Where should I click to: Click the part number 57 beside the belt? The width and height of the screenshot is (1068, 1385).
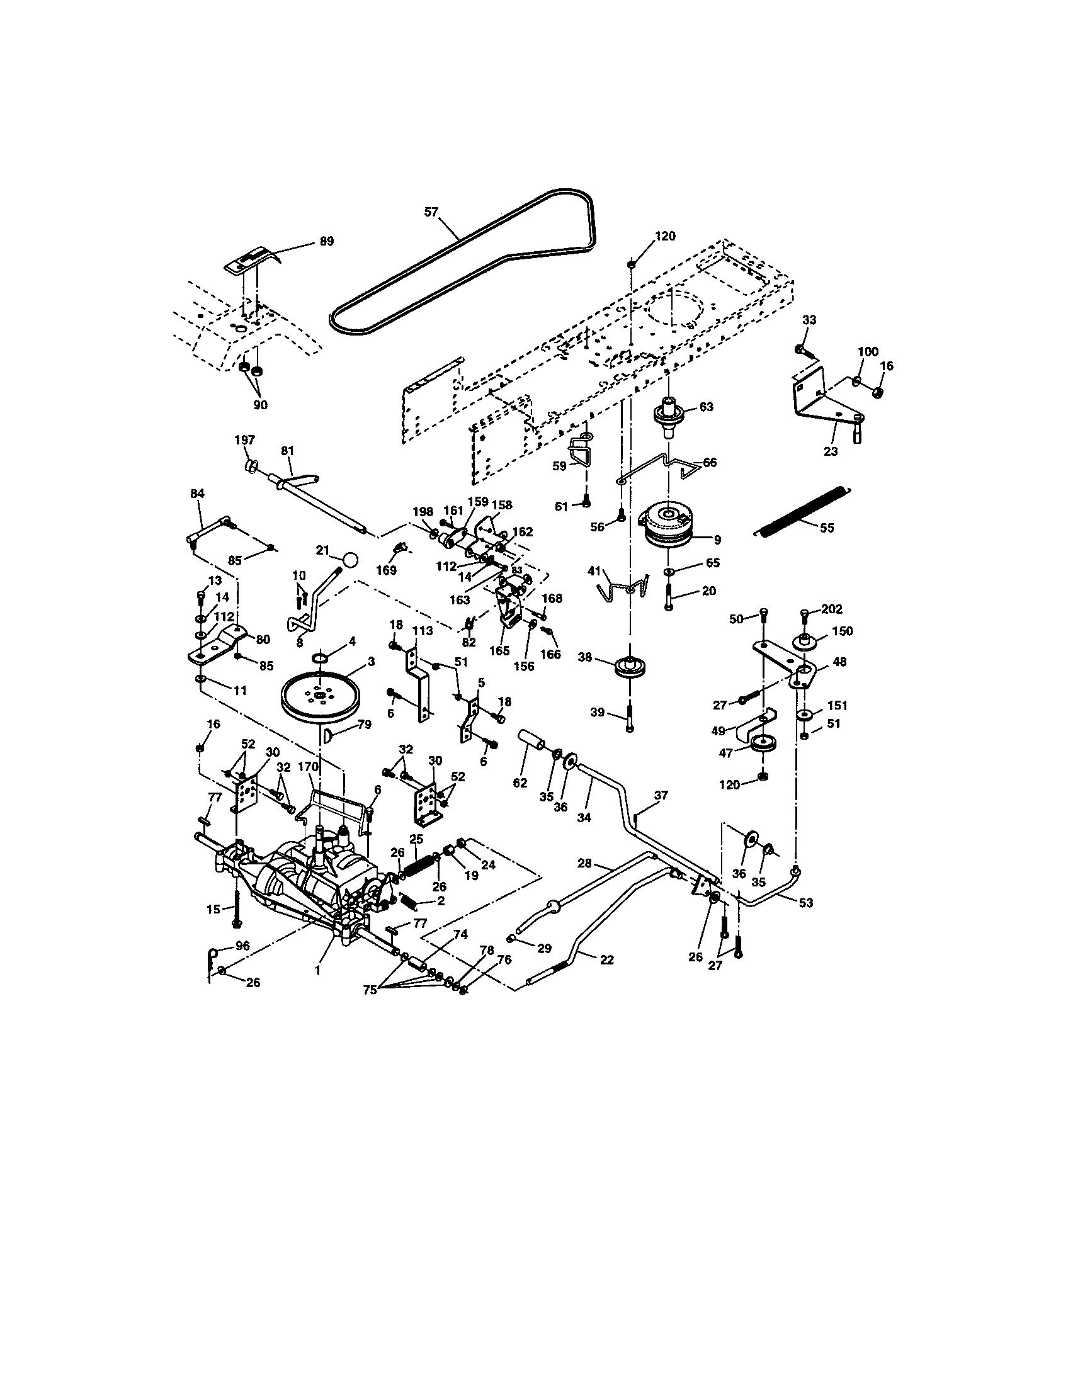pos(431,212)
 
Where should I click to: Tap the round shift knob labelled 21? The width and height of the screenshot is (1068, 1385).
pos(349,560)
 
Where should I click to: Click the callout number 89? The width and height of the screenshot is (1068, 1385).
pos(327,242)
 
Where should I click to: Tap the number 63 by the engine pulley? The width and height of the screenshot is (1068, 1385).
pos(706,407)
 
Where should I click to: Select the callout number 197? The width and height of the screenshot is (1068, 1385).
pos(245,440)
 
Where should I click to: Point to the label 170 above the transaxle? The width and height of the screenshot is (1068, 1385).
pos(307,767)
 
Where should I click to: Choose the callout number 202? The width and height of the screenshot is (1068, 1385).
pos(832,609)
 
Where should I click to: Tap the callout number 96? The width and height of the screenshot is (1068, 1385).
pos(242,963)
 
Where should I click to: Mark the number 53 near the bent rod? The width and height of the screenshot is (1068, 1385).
pos(805,902)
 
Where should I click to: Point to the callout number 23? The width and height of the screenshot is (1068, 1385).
pos(830,451)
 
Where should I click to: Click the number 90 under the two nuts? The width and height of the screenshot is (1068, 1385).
pos(260,405)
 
